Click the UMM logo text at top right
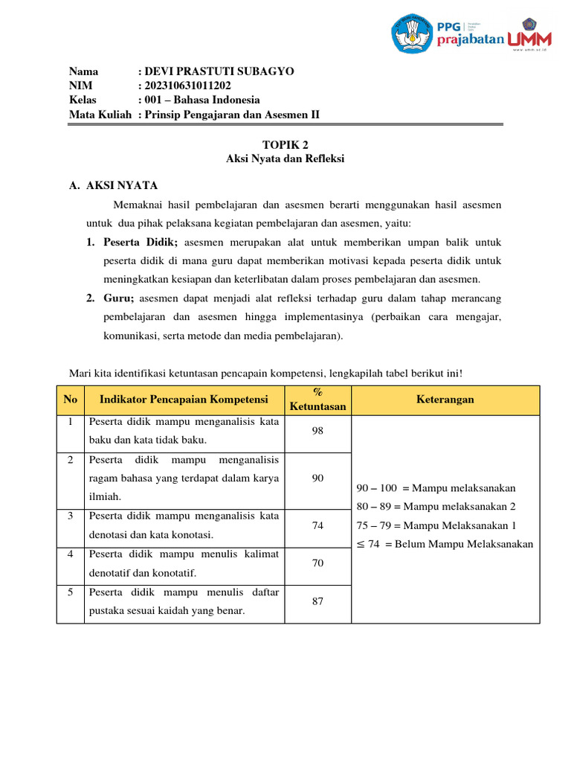[530, 36]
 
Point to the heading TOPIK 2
[285, 145]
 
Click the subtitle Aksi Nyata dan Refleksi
[285, 159]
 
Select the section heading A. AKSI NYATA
[113, 186]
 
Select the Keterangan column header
[445, 400]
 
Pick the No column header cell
[71, 400]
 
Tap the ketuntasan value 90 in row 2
[317, 478]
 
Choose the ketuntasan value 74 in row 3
[317, 525]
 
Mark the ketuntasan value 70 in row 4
[317, 563]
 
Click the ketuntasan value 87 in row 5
[317, 601]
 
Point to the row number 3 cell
[71, 516]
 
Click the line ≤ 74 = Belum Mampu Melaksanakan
[445, 544]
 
